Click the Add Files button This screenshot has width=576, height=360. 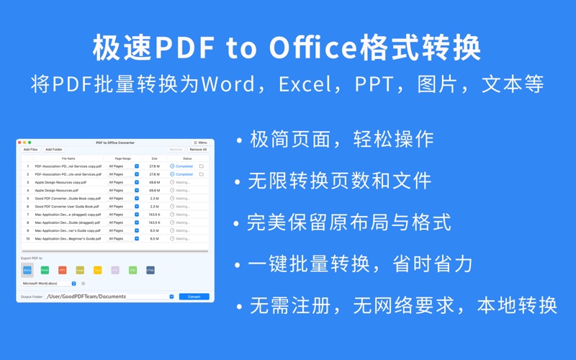[31, 150]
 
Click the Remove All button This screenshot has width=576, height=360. [198, 150]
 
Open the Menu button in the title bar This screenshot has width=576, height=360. [201, 143]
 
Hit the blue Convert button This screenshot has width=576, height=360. [194, 297]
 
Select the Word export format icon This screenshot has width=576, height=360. [27, 270]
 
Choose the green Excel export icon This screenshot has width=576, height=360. [45, 270]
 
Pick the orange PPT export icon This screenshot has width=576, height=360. [63, 270]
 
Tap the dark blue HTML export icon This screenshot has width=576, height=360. [150, 270]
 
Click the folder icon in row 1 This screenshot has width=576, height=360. [202, 166]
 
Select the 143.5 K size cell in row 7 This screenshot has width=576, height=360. [154, 215]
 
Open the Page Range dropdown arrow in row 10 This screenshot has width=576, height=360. [137, 238]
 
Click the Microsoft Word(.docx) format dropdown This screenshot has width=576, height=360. [50, 284]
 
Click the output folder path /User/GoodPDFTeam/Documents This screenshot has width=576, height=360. [86, 297]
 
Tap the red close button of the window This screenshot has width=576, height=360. [21, 143]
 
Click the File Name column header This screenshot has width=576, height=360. [68, 158]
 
